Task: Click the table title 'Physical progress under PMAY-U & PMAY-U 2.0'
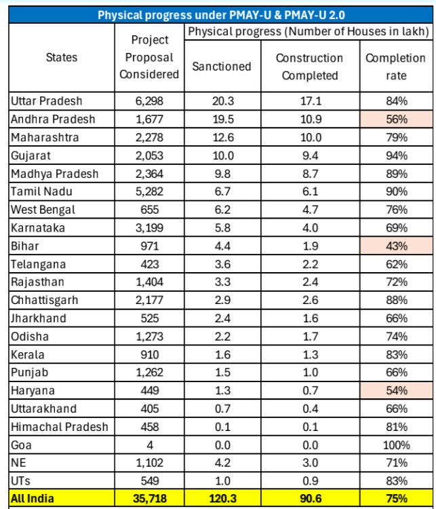coord(220,14)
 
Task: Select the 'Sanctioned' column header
coord(221,67)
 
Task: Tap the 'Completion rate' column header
coord(396,67)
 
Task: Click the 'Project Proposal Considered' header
coord(149,58)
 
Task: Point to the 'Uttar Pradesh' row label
coord(47,101)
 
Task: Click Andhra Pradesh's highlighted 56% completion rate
coord(396,119)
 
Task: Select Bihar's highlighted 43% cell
coord(396,246)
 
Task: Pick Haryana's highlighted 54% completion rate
coord(396,391)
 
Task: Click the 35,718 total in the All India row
coord(149,499)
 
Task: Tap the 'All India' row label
coord(33,499)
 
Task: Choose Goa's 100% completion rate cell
coord(396,445)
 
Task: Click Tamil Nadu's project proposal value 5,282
coord(149,192)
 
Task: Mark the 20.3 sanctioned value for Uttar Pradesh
coord(221,101)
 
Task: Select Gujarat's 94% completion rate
coord(396,155)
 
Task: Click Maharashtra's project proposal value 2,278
coord(149,138)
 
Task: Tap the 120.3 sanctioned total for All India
coord(221,499)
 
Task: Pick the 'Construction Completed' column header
coord(309,67)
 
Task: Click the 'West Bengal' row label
coord(43,210)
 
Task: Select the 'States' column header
coord(62,58)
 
